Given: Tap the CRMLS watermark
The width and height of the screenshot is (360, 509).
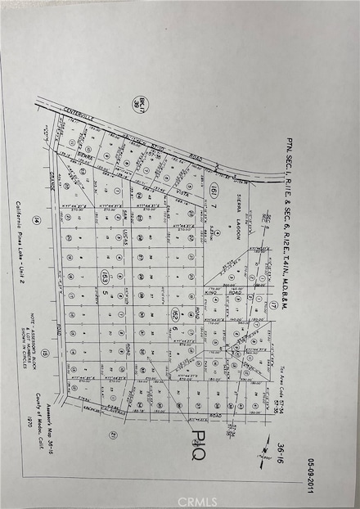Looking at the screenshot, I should (x=196, y=496).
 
